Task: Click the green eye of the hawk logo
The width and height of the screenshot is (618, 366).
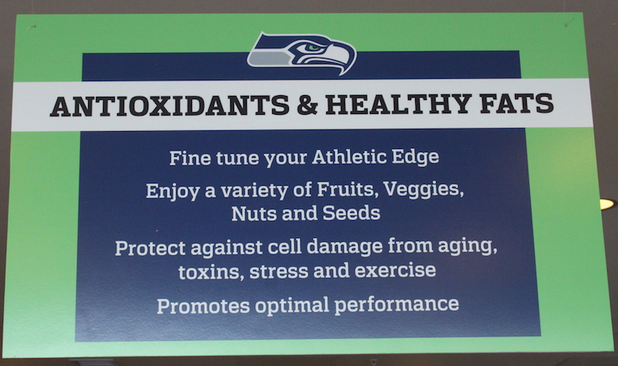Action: (x=314, y=48)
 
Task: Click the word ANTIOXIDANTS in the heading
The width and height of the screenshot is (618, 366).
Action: (x=169, y=105)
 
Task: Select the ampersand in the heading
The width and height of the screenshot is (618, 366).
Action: (x=307, y=105)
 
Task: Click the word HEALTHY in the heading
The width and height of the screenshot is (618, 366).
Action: (x=399, y=104)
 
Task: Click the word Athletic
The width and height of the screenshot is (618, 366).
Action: (x=350, y=157)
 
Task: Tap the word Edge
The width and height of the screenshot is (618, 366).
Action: (x=415, y=157)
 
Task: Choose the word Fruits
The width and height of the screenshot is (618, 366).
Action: (x=345, y=189)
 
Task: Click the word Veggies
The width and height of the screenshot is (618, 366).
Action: (x=423, y=190)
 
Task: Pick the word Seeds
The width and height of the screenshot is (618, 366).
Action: (x=351, y=213)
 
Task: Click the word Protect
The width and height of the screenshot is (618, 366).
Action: (x=150, y=248)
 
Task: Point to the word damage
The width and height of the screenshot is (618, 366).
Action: (x=344, y=247)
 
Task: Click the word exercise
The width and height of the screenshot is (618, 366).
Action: (x=396, y=271)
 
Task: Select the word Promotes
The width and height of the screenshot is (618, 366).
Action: (x=204, y=306)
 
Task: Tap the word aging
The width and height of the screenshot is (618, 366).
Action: (x=467, y=247)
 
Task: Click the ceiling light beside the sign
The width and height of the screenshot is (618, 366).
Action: (x=607, y=204)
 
